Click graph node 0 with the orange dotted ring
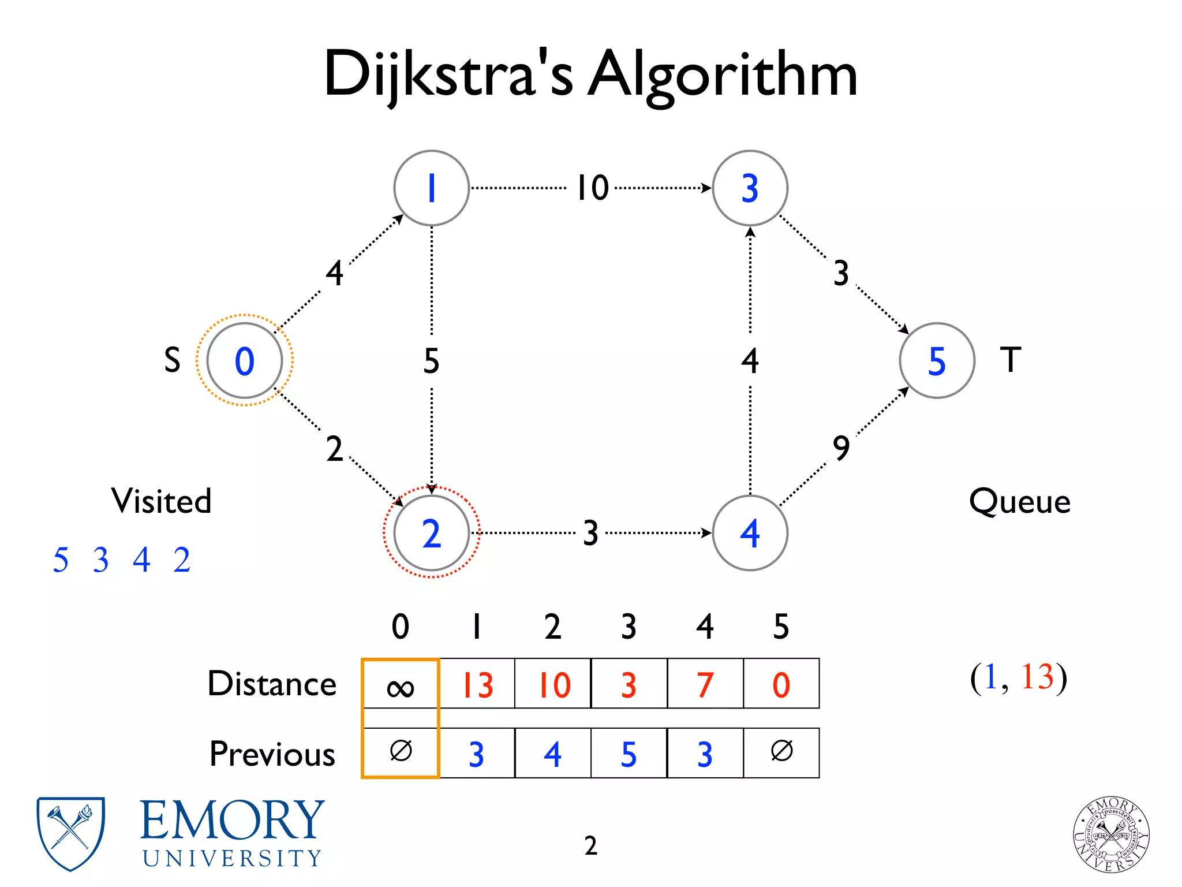click(244, 360)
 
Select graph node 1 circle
click(431, 188)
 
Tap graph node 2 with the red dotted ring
click(431, 532)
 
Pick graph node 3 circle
click(750, 188)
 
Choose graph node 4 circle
click(750, 532)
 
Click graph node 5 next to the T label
click(936, 360)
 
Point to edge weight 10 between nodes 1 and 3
click(593, 188)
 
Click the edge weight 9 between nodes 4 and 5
click(841, 448)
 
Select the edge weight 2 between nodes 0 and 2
click(334, 449)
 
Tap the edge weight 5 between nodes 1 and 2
click(431, 360)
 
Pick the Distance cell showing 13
click(477, 684)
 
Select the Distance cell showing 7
click(705, 684)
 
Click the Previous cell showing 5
click(629, 754)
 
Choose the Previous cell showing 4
click(552, 754)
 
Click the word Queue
click(1019, 501)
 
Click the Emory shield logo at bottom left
click(70, 833)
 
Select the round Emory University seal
click(1111, 834)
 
